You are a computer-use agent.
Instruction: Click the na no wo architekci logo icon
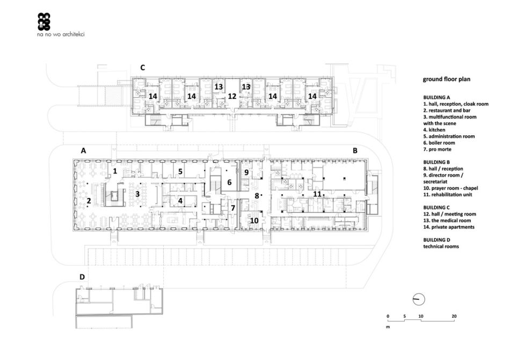click(44, 21)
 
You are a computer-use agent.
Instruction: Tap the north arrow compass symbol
click(419, 299)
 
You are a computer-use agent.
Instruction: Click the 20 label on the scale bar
click(454, 316)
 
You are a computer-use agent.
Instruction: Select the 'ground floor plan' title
click(446, 79)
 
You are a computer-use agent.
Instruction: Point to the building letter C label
click(142, 68)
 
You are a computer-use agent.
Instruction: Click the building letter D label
click(82, 277)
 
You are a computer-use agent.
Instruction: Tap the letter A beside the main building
click(83, 151)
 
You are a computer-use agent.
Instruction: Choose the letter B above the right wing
click(355, 151)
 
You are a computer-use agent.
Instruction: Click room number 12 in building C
click(232, 97)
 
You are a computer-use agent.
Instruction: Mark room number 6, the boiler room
click(229, 182)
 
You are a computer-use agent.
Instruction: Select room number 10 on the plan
click(254, 221)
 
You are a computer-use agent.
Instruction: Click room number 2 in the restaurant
click(89, 201)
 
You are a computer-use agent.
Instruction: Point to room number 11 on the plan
click(317, 194)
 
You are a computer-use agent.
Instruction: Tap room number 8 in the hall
click(257, 196)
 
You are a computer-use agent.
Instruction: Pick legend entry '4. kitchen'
click(434, 130)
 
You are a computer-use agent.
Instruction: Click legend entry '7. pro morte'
click(437, 149)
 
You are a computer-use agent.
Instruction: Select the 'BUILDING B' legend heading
click(437, 162)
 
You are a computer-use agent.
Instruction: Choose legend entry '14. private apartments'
click(449, 227)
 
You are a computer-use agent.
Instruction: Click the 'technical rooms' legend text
click(441, 246)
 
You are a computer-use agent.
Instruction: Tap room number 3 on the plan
click(137, 194)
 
